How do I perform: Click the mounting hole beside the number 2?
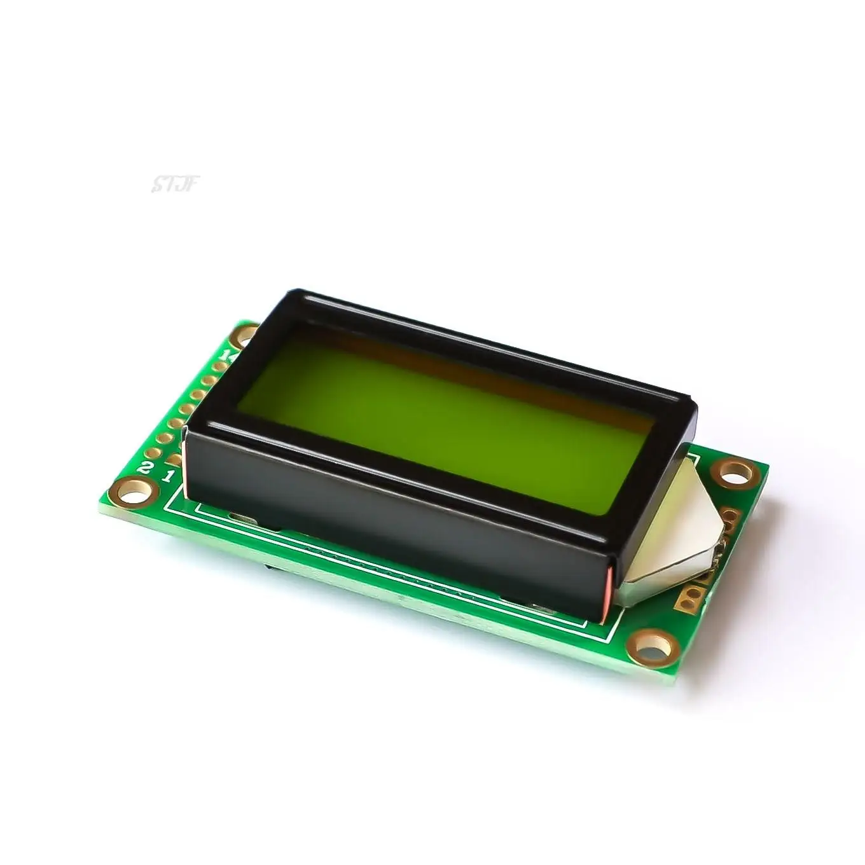(136, 489)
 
